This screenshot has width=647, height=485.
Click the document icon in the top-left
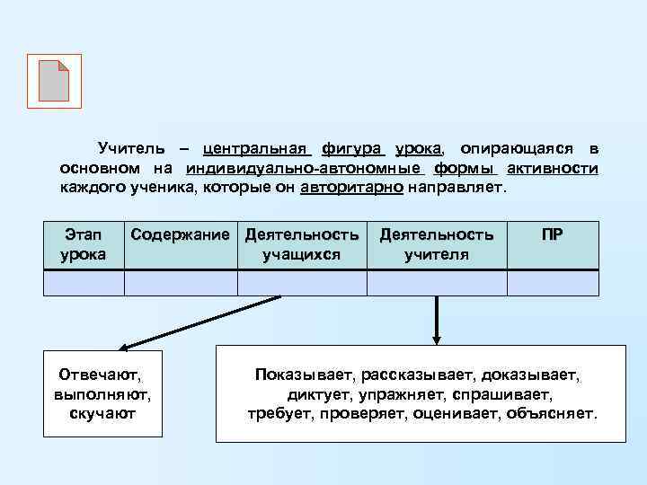(54, 81)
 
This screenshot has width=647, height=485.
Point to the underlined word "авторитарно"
(351, 189)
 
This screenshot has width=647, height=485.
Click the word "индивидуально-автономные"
(305, 168)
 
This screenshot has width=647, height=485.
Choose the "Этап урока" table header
(84, 244)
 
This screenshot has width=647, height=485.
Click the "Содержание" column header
(181, 235)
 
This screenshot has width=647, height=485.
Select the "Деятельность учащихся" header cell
(302, 244)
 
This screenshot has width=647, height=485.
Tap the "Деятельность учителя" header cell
(437, 244)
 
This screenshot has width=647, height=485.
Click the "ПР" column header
(553, 235)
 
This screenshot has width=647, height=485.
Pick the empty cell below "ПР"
(553, 283)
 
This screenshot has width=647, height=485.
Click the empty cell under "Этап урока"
(84, 283)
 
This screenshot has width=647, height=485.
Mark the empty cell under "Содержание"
(181, 283)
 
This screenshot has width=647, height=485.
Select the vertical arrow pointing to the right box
(437, 319)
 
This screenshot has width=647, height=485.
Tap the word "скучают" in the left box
(102, 413)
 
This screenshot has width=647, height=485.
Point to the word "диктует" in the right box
(319, 393)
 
